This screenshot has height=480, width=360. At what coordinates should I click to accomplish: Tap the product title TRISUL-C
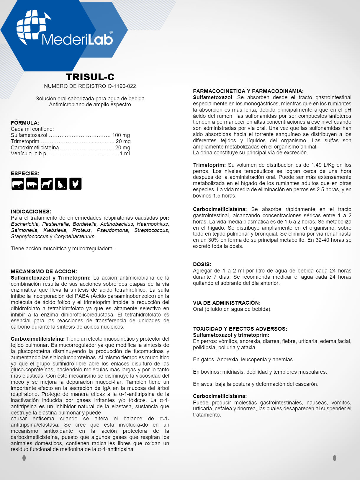point(90,77)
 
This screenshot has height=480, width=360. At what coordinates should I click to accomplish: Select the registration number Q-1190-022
point(122,86)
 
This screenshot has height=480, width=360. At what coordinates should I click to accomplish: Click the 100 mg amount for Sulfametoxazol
point(121,135)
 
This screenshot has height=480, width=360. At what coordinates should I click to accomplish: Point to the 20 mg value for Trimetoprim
point(123,141)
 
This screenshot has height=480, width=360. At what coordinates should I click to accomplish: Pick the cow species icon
point(17,184)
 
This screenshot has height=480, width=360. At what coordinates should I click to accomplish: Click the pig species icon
point(32,184)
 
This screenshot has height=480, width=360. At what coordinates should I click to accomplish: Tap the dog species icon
point(47,184)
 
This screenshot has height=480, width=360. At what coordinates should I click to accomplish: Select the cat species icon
point(61,184)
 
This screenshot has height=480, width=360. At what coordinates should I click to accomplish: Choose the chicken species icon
point(75,184)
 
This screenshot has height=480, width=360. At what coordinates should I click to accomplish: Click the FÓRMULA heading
point(25,123)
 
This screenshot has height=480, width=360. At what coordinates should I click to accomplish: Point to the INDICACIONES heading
point(31,212)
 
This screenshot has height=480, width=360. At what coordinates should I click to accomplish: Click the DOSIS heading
point(202,265)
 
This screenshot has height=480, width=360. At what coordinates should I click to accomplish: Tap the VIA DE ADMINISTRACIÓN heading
point(227,303)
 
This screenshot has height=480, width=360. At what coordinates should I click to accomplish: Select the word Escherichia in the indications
point(25,224)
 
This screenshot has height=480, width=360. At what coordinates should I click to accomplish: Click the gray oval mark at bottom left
point(24,458)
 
